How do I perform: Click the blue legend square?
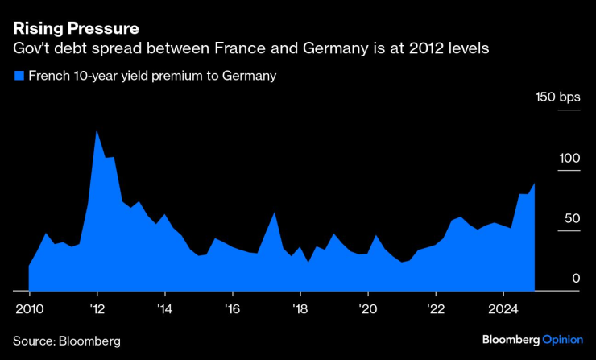[19, 77]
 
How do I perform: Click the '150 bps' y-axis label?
[558, 97]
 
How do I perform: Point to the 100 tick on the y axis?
[569, 158]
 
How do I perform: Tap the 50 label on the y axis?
[572, 218]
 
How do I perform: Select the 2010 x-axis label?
[30, 308]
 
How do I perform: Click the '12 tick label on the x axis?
[97, 308]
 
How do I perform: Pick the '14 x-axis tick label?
[164, 308]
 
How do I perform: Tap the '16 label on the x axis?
[232, 308]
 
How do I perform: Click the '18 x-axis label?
[300, 308]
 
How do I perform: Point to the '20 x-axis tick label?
[367, 308]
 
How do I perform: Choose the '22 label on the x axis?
[435, 308]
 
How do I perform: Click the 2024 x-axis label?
[503, 308]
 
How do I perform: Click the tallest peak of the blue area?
[97, 131]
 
